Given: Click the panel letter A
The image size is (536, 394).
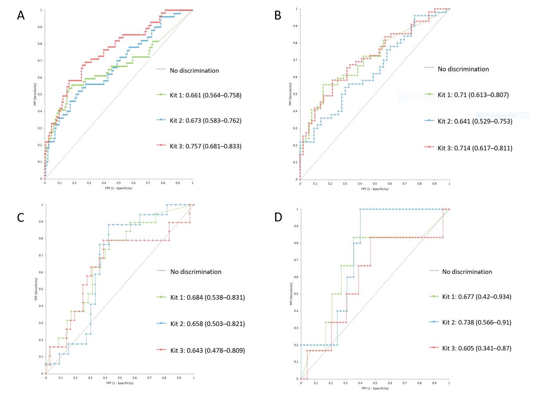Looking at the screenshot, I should point(20,16).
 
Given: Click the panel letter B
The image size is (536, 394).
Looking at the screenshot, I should point(278,16).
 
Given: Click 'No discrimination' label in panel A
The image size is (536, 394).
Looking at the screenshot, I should point(194,70).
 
